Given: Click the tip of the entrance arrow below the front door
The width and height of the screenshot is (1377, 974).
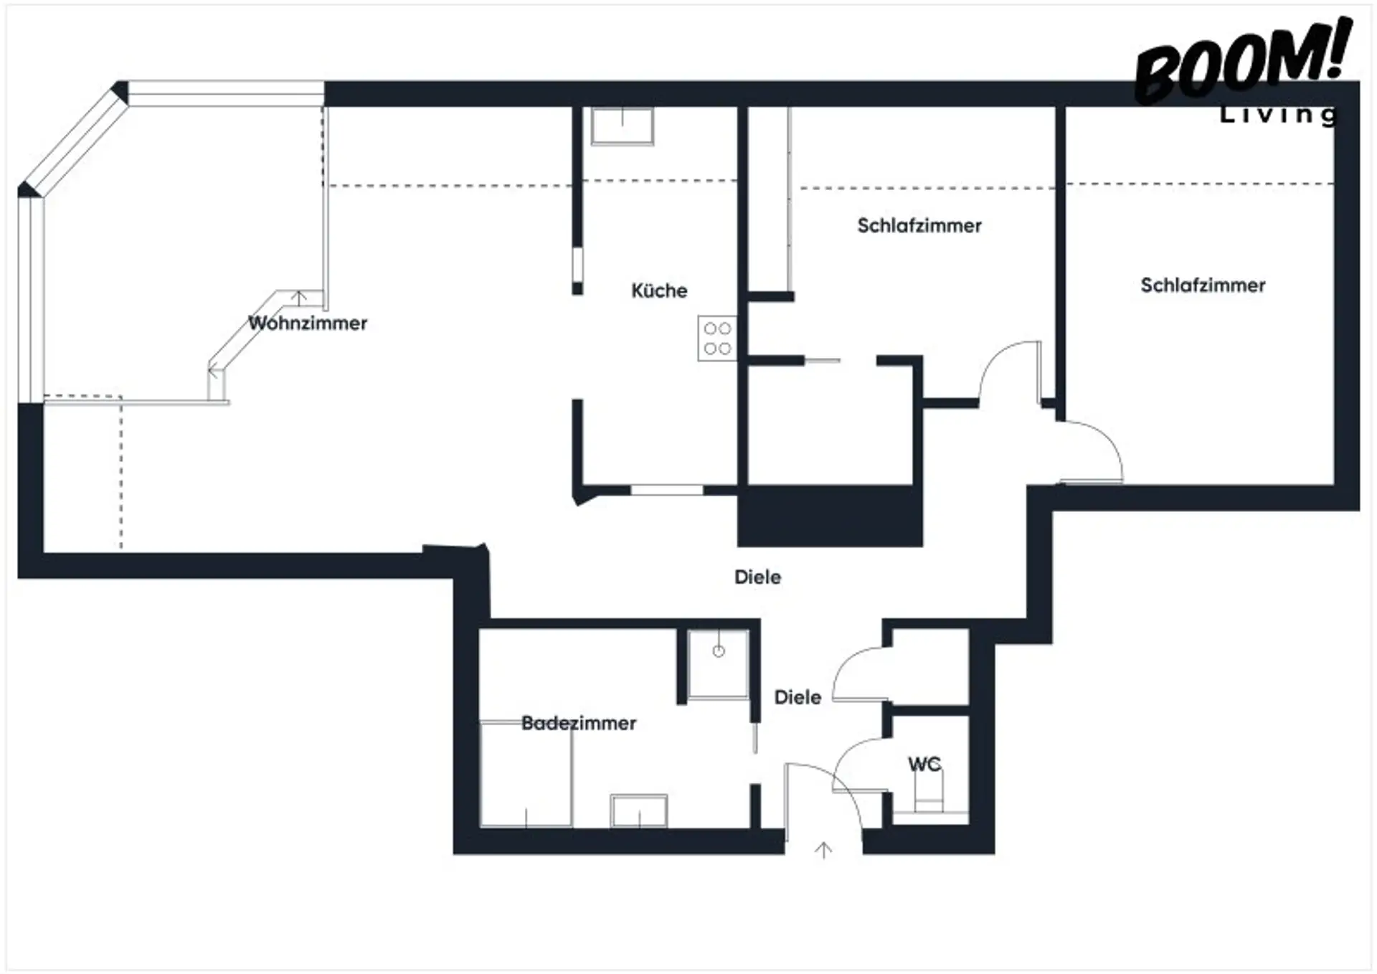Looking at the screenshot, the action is (x=823, y=843).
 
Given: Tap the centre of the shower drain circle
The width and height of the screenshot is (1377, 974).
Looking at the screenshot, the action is (x=719, y=651).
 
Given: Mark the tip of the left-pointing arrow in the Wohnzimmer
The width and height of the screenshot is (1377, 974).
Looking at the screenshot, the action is (x=209, y=372).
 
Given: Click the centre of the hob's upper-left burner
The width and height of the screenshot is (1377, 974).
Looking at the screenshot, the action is (x=710, y=328).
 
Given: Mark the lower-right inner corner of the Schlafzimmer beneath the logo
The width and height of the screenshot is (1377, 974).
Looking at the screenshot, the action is (x=1334, y=484).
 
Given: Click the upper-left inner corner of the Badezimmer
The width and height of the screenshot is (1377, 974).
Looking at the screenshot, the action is (x=480, y=630).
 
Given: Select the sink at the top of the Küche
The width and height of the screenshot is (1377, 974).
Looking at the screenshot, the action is (x=622, y=126).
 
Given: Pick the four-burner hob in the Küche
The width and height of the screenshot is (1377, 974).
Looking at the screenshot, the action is (x=716, y=338).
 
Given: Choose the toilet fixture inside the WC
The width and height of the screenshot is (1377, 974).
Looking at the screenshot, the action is (x=929, y=791).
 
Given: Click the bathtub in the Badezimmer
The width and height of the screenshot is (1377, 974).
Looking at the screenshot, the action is (x=526, y=774).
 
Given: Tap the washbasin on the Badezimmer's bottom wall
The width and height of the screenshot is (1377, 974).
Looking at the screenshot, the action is (x=639, y=810).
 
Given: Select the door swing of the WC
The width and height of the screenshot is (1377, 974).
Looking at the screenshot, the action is (x=861, y=765).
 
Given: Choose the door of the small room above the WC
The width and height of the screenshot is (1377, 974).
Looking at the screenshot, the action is (x=861, y=674).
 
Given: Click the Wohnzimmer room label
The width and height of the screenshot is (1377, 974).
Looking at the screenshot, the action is (x=308, y=323).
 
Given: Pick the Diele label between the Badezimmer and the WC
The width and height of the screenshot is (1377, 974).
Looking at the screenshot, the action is (x=798, y=697).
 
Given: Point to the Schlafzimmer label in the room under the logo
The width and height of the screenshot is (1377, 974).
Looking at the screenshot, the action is (x=1203, y=285).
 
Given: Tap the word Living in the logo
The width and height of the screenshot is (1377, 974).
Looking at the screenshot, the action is (x=1279, y=115).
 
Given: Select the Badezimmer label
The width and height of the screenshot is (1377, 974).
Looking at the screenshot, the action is (x=579, y=723).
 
